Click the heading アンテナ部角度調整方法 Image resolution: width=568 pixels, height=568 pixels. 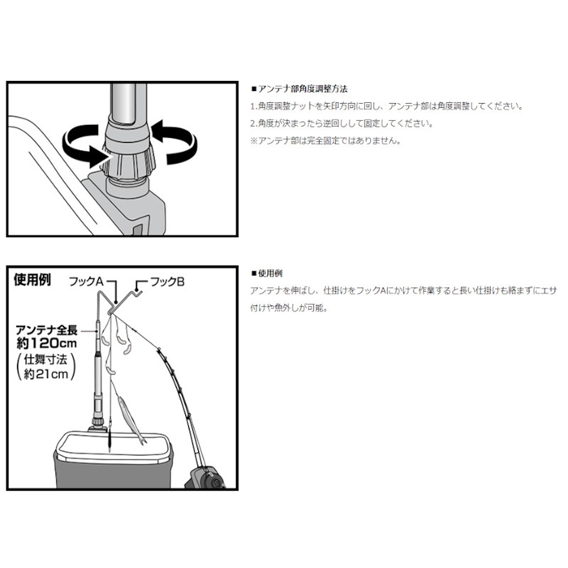[x=299, y=89]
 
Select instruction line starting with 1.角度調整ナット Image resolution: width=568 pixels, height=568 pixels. [x=387, y=106]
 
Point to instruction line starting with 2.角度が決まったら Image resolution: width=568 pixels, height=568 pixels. [x=342, y=123]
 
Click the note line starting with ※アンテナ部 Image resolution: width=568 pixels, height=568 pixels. [x=325, y=140]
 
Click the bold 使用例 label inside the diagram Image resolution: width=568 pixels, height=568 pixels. [x=32, y=280]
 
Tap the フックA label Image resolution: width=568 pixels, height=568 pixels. [x=87, y=282]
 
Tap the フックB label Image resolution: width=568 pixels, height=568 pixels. [x=167, y=282]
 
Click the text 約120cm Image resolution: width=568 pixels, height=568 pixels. [x=47, y=342]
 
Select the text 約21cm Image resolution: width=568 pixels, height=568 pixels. [x=46, y=374]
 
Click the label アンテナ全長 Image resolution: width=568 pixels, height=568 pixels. [x=47, y=330]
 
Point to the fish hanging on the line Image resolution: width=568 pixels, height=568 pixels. [x=131, y=420]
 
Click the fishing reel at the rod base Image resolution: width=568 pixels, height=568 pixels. [x=205, y=477]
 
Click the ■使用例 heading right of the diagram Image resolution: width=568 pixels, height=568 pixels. [x=267, y=274]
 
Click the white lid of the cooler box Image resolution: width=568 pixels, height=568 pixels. [x=113, y=446]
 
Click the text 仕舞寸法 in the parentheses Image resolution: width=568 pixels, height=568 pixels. [x=45, y=359]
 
